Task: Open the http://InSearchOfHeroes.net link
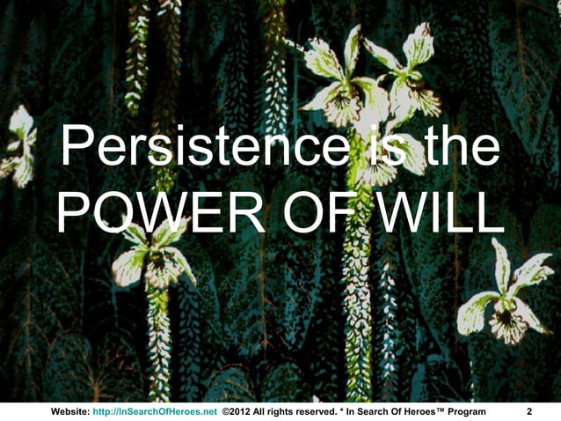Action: [155, 411]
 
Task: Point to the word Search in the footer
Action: [379, 411]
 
